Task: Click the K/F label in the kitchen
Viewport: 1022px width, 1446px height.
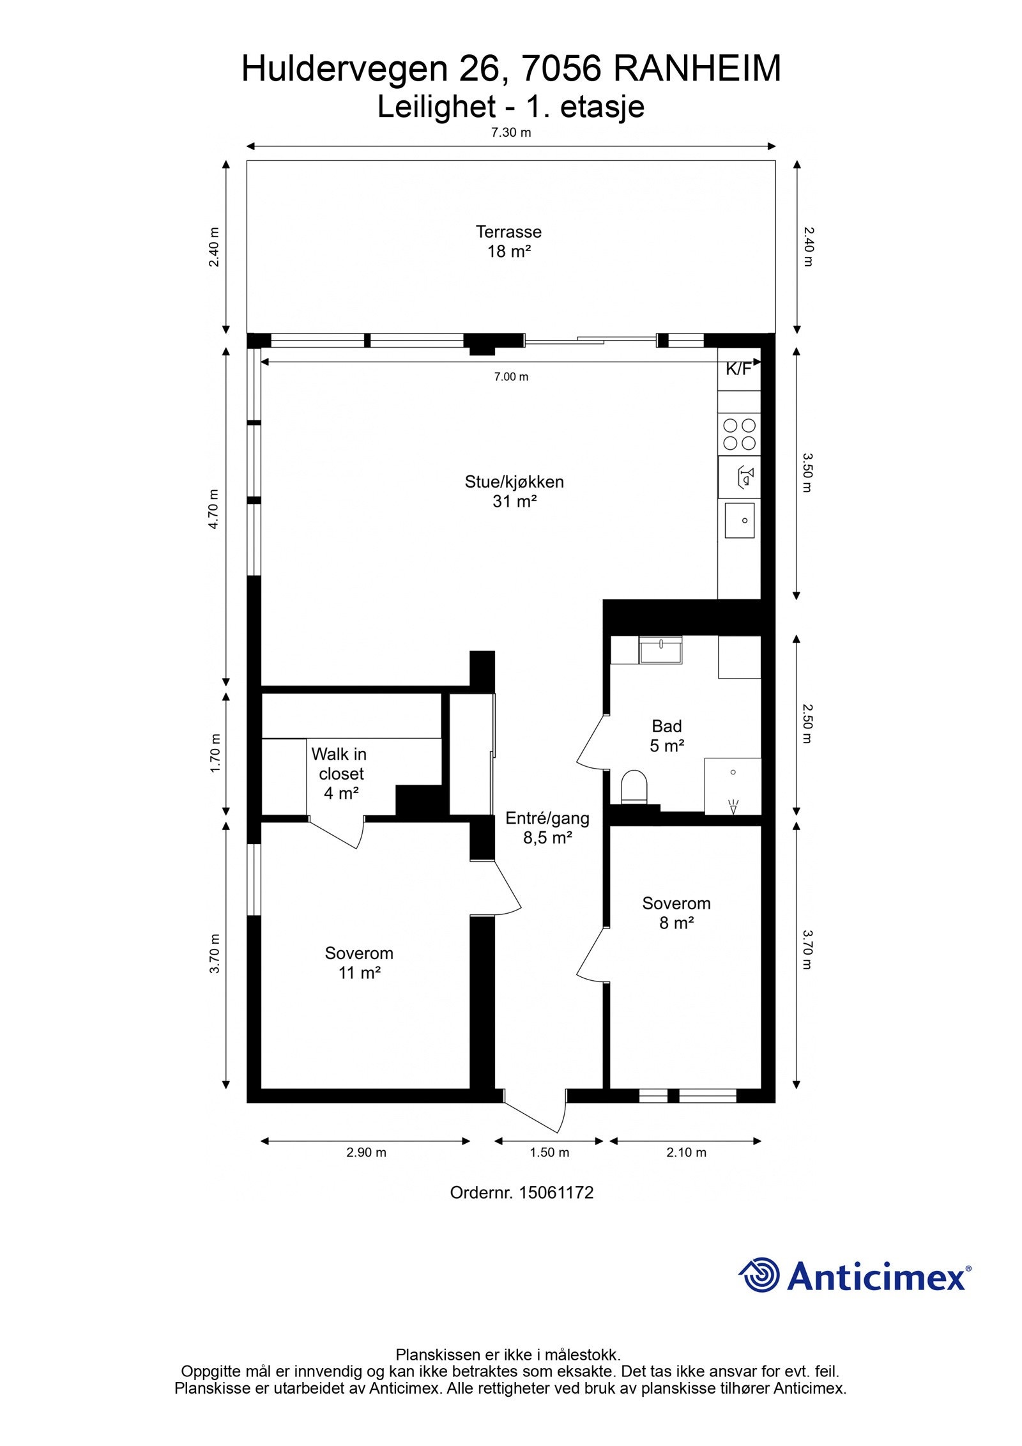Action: [738, 369]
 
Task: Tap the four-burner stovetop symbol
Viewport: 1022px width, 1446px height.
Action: [739, 434]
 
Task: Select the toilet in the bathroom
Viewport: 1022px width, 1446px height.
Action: [634, 787]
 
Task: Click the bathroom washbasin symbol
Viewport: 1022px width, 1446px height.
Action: [660, 650]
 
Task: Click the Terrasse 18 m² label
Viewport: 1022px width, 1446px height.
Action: [508, 242]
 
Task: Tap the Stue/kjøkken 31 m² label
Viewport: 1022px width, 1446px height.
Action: [514, 491]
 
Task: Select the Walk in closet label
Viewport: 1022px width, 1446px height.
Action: [340, 773]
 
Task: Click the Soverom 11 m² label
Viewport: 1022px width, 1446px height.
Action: [359, 962]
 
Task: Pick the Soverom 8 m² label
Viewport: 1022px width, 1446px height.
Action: [676, 912]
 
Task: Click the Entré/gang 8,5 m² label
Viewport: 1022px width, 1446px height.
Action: [547, 827]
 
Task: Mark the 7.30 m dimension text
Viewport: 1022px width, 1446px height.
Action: [510, 133]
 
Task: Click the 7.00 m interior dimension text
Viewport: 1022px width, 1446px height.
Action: [511, 377]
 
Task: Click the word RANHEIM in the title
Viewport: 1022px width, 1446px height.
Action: [697, 69]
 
